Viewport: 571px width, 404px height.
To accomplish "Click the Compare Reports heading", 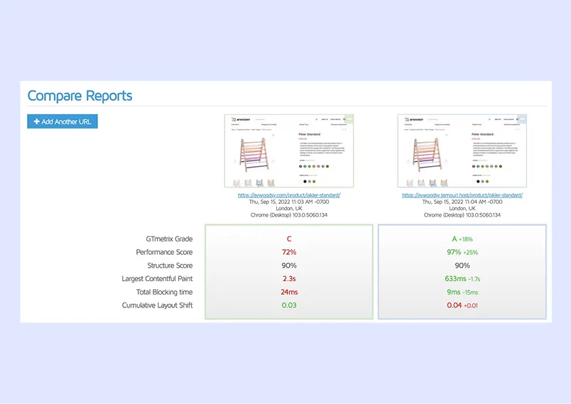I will click(80, 96).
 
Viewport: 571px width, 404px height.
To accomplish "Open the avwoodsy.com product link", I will click(289, 195).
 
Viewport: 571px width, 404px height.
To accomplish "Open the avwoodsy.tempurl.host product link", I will click(462, 195).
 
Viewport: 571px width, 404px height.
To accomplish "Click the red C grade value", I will click(289, 239).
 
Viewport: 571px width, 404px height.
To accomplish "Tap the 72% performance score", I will click(289, 252).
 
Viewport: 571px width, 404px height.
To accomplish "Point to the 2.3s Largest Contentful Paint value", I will click(289, 278).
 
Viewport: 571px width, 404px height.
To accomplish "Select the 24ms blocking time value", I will click(289, 292).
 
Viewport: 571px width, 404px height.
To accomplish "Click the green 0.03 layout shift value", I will click(289, 305).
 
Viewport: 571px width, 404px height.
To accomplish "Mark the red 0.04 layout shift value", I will click(455, 305).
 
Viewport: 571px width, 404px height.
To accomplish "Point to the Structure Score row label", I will click(164, 266).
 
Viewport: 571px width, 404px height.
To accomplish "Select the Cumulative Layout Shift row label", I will click(157, 305).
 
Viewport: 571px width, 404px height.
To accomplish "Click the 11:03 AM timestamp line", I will click(289, 202).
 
